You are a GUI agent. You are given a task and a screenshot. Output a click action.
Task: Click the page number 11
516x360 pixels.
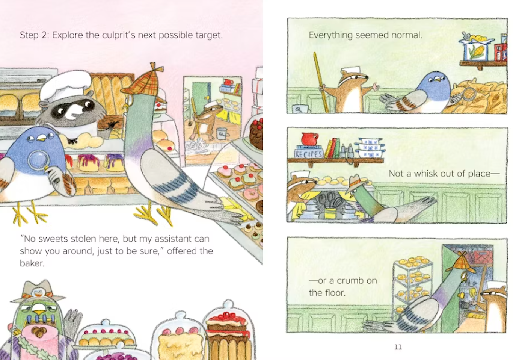pyautogui.click(x=398, y=347)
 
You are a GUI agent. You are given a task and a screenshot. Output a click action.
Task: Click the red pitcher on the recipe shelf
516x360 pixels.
pyautogui.click(x=309, y=139)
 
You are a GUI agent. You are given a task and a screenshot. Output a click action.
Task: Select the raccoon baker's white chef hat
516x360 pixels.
pyautogui.click(x=65, y=86)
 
